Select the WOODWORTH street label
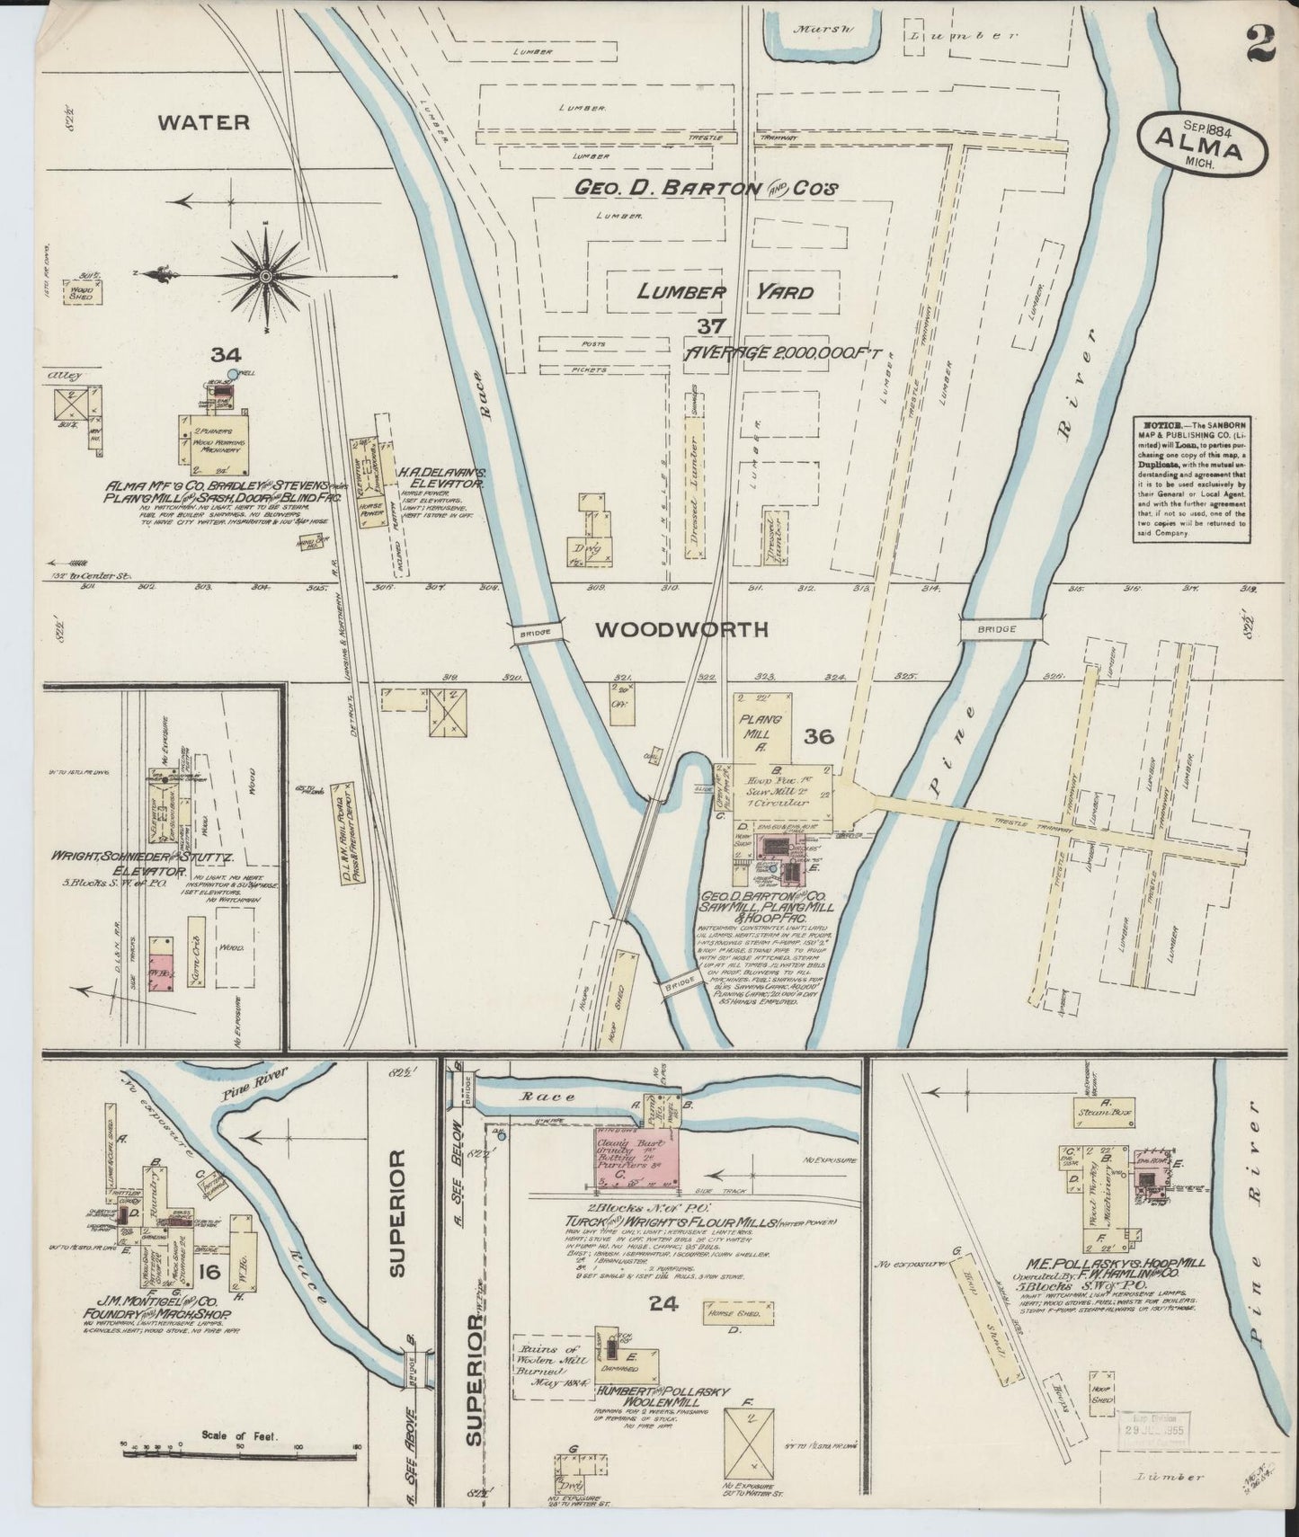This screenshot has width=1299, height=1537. point(682,630)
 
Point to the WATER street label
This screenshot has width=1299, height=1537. point(203,122)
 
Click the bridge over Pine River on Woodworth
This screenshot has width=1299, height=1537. point(999,629)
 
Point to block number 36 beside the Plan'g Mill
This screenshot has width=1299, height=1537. point(820,737)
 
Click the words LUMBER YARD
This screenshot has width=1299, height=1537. point(725,292)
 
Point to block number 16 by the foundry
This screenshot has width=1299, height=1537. point(210,1271)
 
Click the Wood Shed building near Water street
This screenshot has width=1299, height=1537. point(81,293)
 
